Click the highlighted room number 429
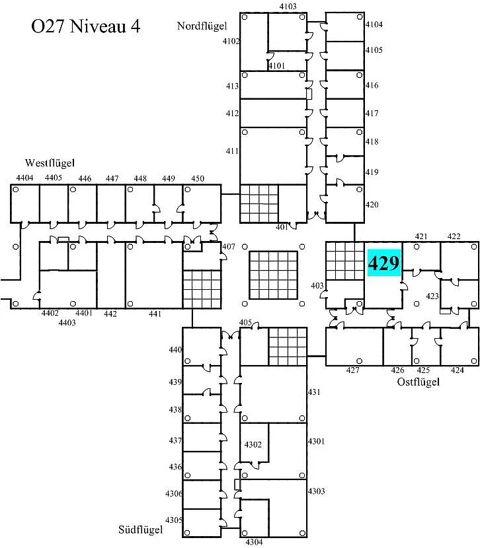[383, 263]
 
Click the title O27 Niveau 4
[86, 26]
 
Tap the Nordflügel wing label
[202, 26]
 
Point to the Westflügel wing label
[50, 163]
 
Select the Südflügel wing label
[140, 530]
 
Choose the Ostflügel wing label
[418, 382]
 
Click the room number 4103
[288, 7]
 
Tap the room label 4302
[253, 444]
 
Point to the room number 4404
[24, 178]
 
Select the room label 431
[314, 392]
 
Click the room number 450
[197, 178]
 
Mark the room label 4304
[254, 542]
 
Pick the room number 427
[352, 370]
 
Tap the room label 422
[454, 236]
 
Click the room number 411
[232, 151]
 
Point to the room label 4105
[374, 50]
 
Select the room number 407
[229, 246]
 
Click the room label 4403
[67, 323]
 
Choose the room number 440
[175, 349]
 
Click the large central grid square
[273, 275]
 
